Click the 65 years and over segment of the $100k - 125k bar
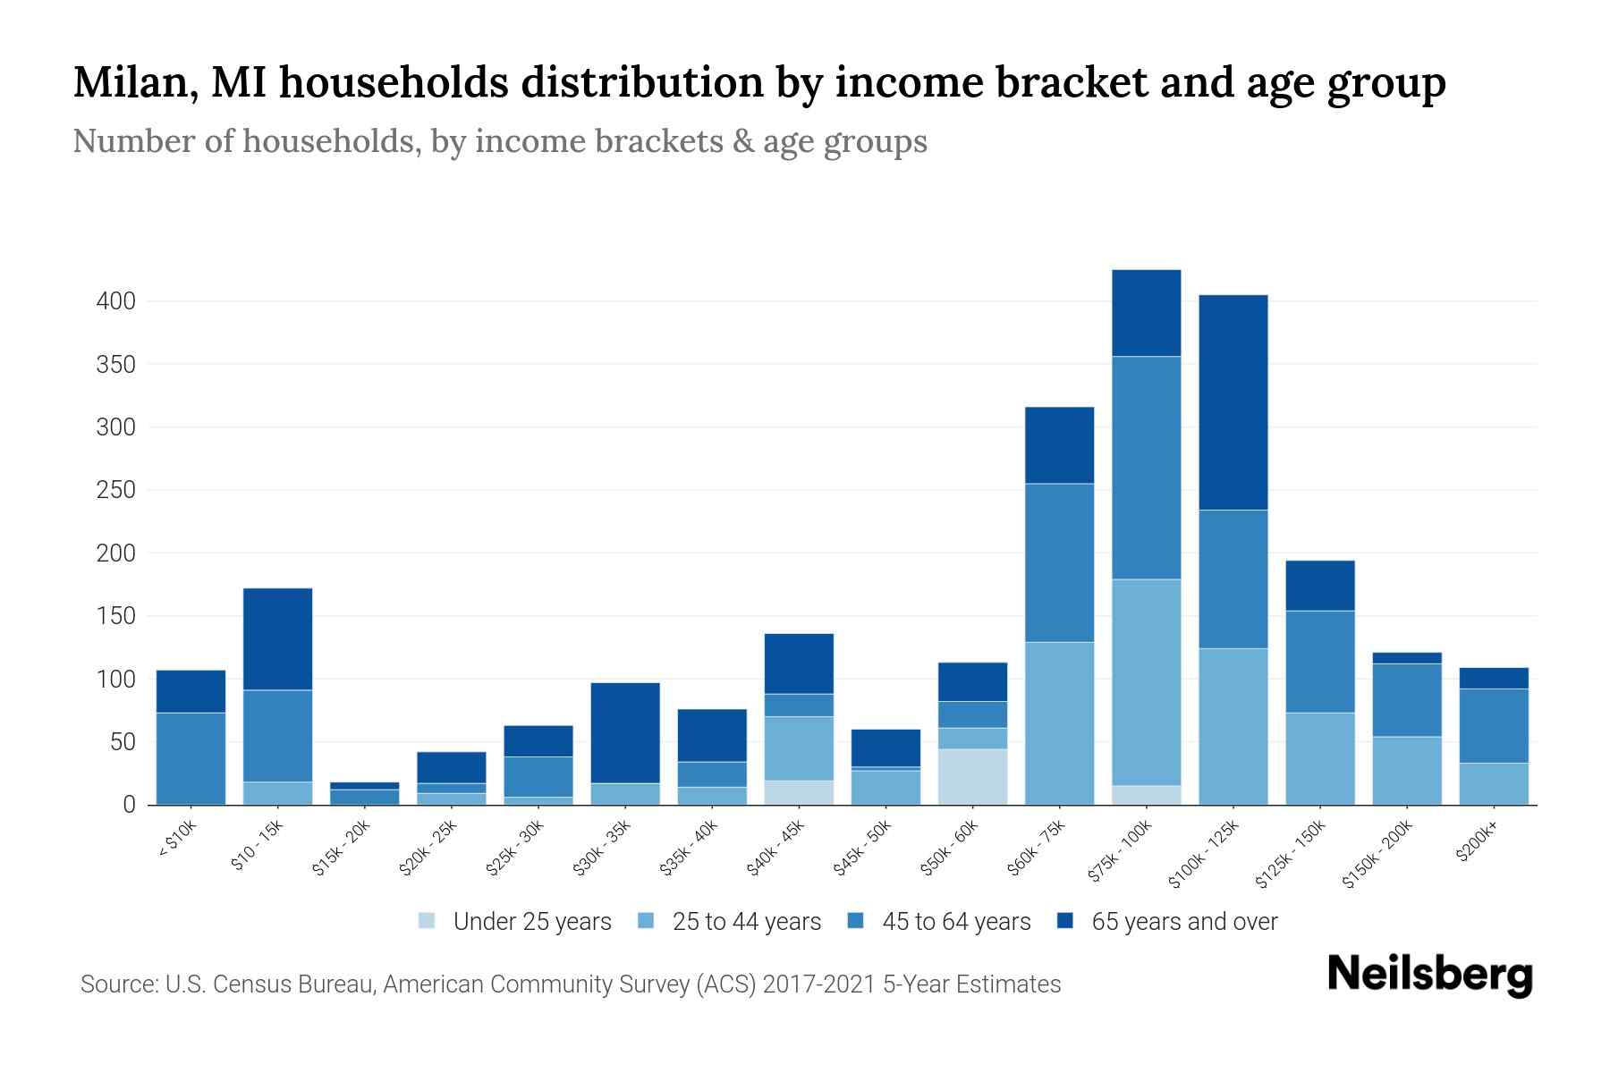[x=1233, y=402]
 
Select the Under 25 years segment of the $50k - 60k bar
[x=972, y=776]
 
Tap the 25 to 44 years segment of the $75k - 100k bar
[x=1146, y=682]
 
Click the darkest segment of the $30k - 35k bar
[x=625, y=733]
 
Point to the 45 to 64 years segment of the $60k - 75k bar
[x=1059, y=563]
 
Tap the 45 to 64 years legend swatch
[x=856, y=922]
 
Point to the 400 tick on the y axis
[x=116, y=301]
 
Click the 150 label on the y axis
[x=116, y=616]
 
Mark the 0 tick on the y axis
[x=129, y=805]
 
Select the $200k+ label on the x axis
[x=1476, y=844]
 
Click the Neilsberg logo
[x=1429, y=975]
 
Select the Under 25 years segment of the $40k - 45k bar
[x=799, y=792]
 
